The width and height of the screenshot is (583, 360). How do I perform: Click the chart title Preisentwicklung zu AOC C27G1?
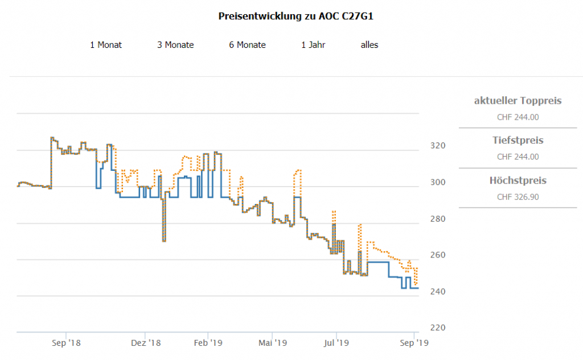pyautogui.click(x=295, y=16)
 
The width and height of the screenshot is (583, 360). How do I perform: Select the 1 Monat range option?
pyautogui.click(x=106, y=45)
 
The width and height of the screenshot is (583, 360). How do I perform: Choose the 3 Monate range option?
pyautogui.click(x=175, y=45)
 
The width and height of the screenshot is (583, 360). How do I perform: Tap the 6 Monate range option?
pyautogui.click(x=247, y=45)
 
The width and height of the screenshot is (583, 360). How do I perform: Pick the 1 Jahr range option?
pyautogui.click(x=313, y=45)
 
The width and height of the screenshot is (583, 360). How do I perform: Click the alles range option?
pyautogui.click(x=369, y=45)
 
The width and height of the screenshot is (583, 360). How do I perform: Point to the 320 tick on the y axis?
pyautogui.click(x=437, y=146)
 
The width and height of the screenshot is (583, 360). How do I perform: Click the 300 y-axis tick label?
pyautogui.click(x=437, y=182)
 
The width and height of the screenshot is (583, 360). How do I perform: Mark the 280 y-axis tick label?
pyautogui.click(x=437, y=219)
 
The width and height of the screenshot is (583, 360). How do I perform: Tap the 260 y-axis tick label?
pyautogui.click(x=437, y=255)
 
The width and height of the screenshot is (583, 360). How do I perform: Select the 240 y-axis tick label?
pyautogui.click(x=437, y=292)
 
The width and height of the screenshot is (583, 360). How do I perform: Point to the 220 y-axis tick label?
pyautogui.click(x=437, y=328)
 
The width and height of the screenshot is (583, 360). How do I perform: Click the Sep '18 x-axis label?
pyautogui.click(x=66, y=343)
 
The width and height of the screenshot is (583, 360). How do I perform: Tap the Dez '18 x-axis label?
pyautogui.click(x=146, y=343)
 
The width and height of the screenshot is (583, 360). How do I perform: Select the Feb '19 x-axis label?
pyautogui.click(x=208, y=343)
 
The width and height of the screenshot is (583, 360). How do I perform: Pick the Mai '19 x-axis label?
pyautogui.click(x=272, y=343)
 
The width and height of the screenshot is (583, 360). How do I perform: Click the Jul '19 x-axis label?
pyautogui.click(x=336, y=343)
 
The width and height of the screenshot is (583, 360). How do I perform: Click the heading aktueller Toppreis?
pyautogui.click(x=518, y=101)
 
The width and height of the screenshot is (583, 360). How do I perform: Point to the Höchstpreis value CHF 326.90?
pyautogui.click(x=518, y=197)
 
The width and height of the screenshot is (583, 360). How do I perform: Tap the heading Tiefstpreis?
pyautogui.click(x=518, y=140)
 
